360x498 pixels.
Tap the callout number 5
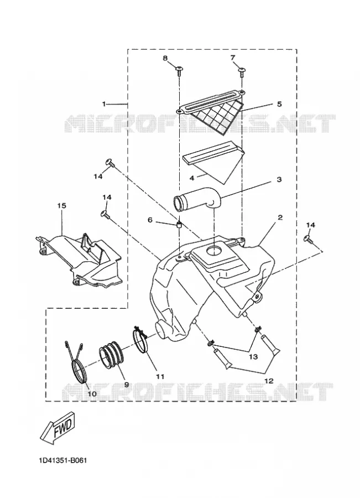279,104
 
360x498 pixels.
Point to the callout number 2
280,217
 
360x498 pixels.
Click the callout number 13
253,357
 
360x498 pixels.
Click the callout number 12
269,381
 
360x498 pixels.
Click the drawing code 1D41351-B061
63,460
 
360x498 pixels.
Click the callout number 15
61,205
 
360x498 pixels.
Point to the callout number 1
104,104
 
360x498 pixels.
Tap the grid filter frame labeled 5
210,111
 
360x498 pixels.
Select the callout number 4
191,178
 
